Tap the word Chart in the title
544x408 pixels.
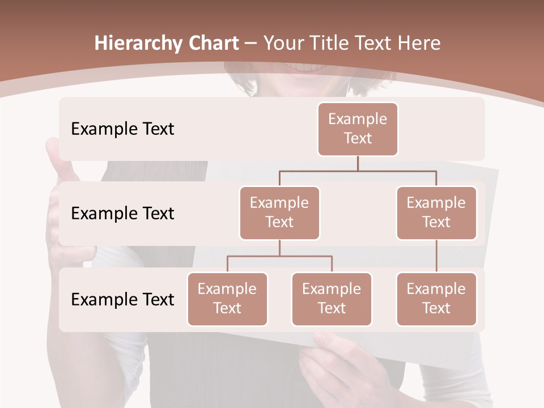point(212,44)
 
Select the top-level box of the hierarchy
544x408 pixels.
point(358,129)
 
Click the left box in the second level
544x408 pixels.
point(279,212)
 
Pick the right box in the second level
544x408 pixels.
point(436,212)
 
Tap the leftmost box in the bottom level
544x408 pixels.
point(227,299)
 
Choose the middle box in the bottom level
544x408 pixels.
point(331,299)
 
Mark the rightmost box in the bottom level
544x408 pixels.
point(436,299)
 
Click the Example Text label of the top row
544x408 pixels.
point(122,129)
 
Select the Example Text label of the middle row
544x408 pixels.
point(122,214)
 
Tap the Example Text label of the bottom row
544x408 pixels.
point(122,300)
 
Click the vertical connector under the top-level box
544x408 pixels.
point(358,163)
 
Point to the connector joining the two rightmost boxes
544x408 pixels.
point(436,256)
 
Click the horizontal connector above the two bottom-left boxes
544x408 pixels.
point(279,256)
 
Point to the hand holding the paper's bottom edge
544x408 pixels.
point(334,363)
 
